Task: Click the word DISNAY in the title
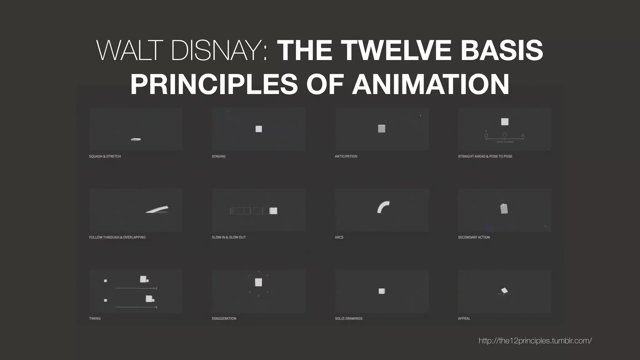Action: (219, 50)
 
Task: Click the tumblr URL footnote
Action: (535, 341)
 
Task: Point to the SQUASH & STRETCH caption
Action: (105, 156)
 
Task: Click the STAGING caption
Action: (219, 156)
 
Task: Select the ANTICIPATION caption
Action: (346, 156)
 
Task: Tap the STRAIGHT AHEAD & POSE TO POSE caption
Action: (485, 156)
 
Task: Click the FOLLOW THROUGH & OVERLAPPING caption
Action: (117, 237)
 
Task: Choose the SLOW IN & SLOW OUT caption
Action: (229, 237)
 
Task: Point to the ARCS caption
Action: (339, 237)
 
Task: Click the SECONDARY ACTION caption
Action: (474, 237)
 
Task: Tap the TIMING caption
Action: (95, 318)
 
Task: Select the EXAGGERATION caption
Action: (224, 318)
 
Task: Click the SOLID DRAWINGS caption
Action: (349, 318)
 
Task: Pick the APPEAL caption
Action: (464, 318)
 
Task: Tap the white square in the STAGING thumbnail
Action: (259, 129)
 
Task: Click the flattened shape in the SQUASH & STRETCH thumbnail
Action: (136, 139)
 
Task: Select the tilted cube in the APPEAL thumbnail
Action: (504, 291)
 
